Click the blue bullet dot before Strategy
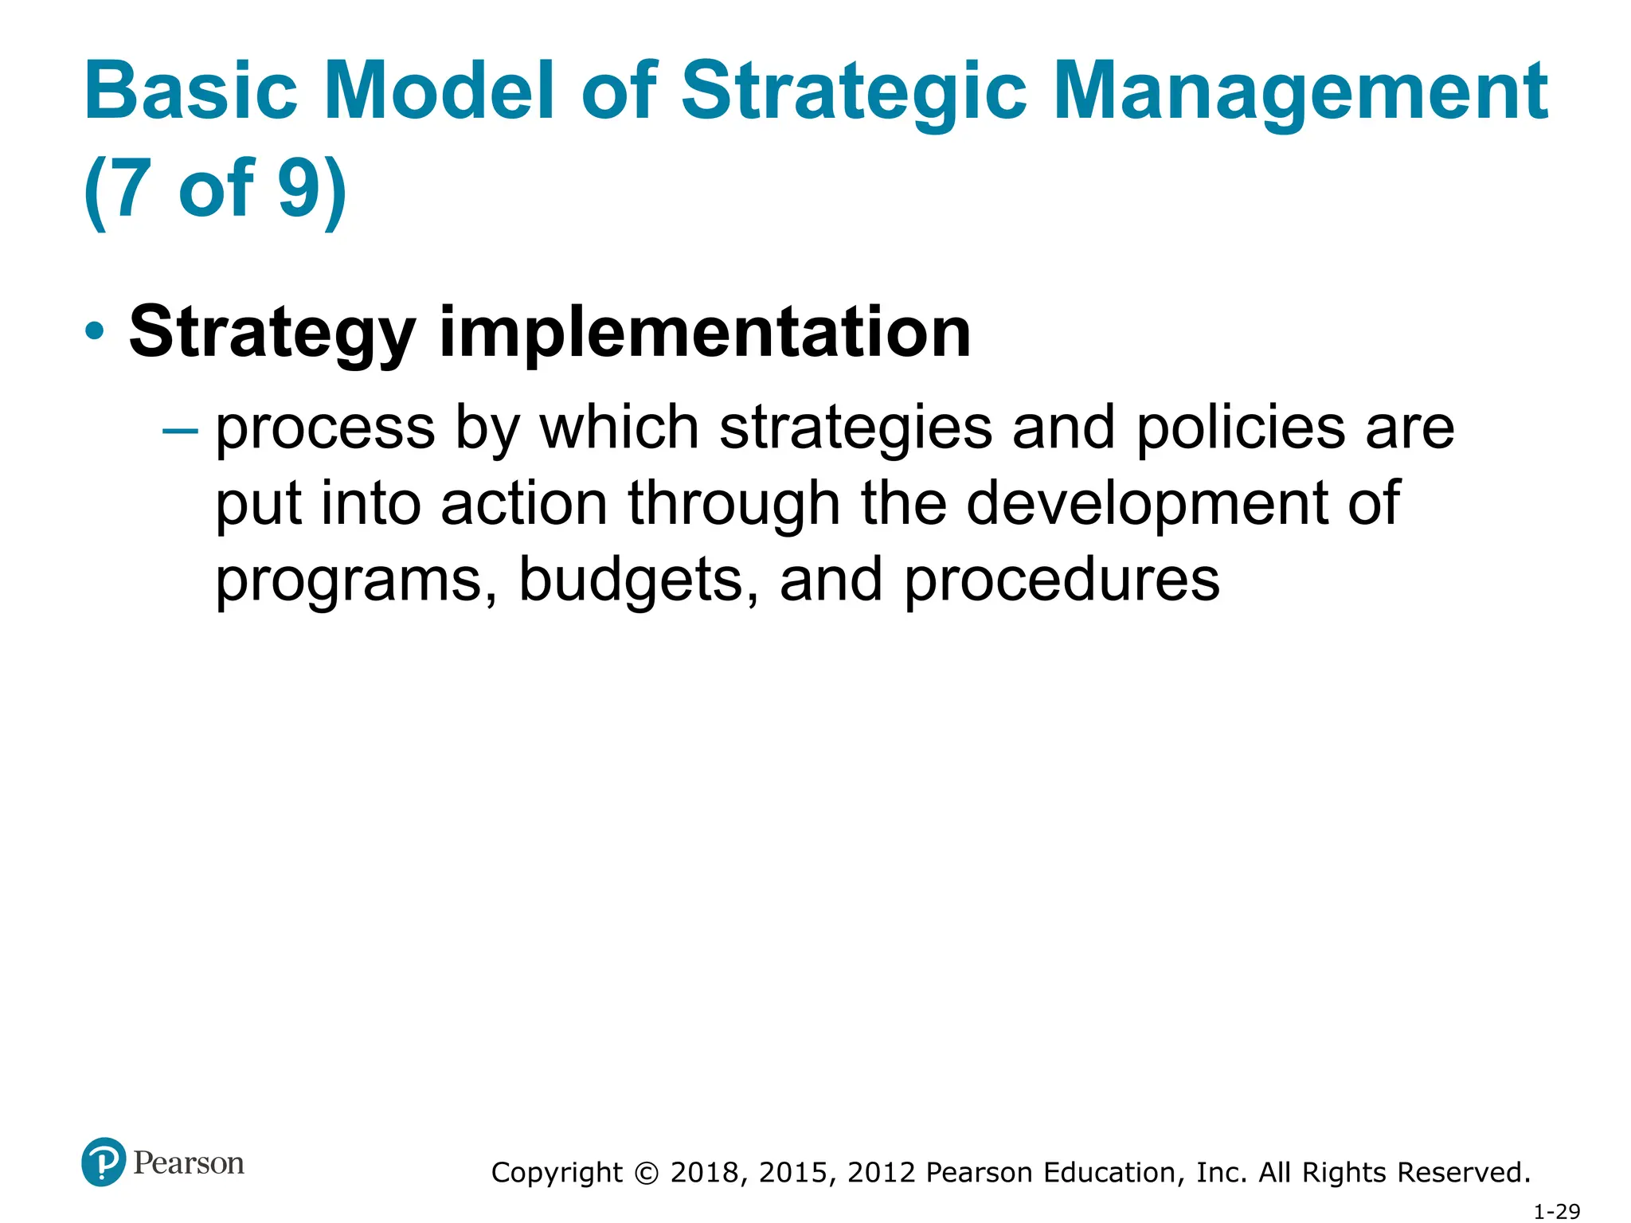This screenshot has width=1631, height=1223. coord(95,332)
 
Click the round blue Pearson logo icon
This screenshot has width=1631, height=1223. coord(104,1162)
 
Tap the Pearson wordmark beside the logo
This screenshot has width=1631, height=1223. coord(189,1163)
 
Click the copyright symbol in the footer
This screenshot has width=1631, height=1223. coord(647,1173)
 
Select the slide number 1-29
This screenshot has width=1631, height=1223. coord(1556,1211)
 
